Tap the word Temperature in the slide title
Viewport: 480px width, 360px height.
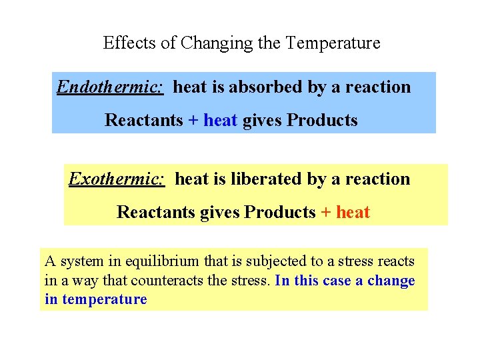click(x=333, y=43)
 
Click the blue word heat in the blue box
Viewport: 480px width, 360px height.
click(x=220, y=121)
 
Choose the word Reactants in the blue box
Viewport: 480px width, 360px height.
click(x=144, y=121)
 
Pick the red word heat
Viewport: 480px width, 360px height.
click(x=353, y=213)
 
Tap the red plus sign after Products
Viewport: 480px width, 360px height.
click(x=326, y=213)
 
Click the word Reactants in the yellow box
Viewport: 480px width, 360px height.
click(x=155, y=213)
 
